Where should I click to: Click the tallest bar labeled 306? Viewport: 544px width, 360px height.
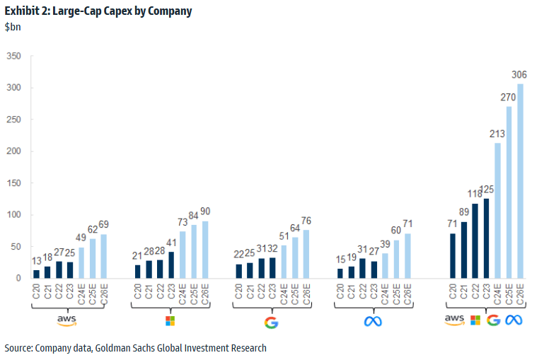point(520,181)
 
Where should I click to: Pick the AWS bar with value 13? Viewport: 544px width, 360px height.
point(36,274)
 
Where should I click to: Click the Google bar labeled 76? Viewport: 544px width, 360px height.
point(306,254)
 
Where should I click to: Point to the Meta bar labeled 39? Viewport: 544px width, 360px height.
point(385,265)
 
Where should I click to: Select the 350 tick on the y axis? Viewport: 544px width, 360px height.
point(14,56)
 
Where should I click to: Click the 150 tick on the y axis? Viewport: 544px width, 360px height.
point(14,182)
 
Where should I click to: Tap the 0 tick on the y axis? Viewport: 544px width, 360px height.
point(19,278)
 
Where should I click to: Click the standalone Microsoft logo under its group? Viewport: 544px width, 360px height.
point(169,321)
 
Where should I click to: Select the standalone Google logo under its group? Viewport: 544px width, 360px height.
point(271,322)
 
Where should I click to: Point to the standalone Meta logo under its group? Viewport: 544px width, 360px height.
point(373,321)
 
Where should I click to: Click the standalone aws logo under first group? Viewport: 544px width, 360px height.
point(66,320)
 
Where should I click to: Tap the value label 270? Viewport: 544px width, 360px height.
point(508,98)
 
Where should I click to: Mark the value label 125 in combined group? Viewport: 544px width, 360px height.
point(485,190)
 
